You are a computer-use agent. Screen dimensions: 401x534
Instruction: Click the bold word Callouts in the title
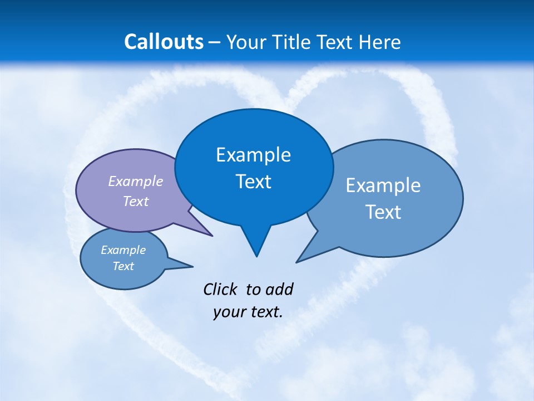(x=164, y=42)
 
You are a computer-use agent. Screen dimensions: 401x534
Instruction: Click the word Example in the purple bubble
(x=136, y=181)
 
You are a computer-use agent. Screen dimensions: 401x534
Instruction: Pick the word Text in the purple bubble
(x=136, y=201)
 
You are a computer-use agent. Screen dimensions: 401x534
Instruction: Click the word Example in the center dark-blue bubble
(x=254, y=155)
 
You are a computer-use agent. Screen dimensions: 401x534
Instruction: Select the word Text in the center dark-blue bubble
(x=254, y=182)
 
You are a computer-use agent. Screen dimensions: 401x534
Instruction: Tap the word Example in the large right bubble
(x=383, y=185)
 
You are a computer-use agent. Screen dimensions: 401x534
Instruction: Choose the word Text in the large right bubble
(x=383, y=212)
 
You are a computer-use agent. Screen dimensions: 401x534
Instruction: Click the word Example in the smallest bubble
(x=123, y=250)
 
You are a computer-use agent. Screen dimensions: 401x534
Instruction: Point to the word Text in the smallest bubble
(x=123, y=266)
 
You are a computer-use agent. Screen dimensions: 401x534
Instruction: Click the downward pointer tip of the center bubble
(x=256, y=256)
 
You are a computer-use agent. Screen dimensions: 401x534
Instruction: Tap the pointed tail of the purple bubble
(x=211, y=236)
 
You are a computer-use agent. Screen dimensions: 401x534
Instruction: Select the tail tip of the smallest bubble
(x=192, y=266)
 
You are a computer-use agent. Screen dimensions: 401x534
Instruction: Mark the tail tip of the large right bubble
(x=297, y=262)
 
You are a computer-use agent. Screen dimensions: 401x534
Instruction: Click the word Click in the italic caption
(x=221, y=289)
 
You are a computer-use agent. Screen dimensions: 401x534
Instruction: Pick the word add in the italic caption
(x=279, y=289)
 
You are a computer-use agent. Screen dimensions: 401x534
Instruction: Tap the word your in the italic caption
(x=229, y=311)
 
